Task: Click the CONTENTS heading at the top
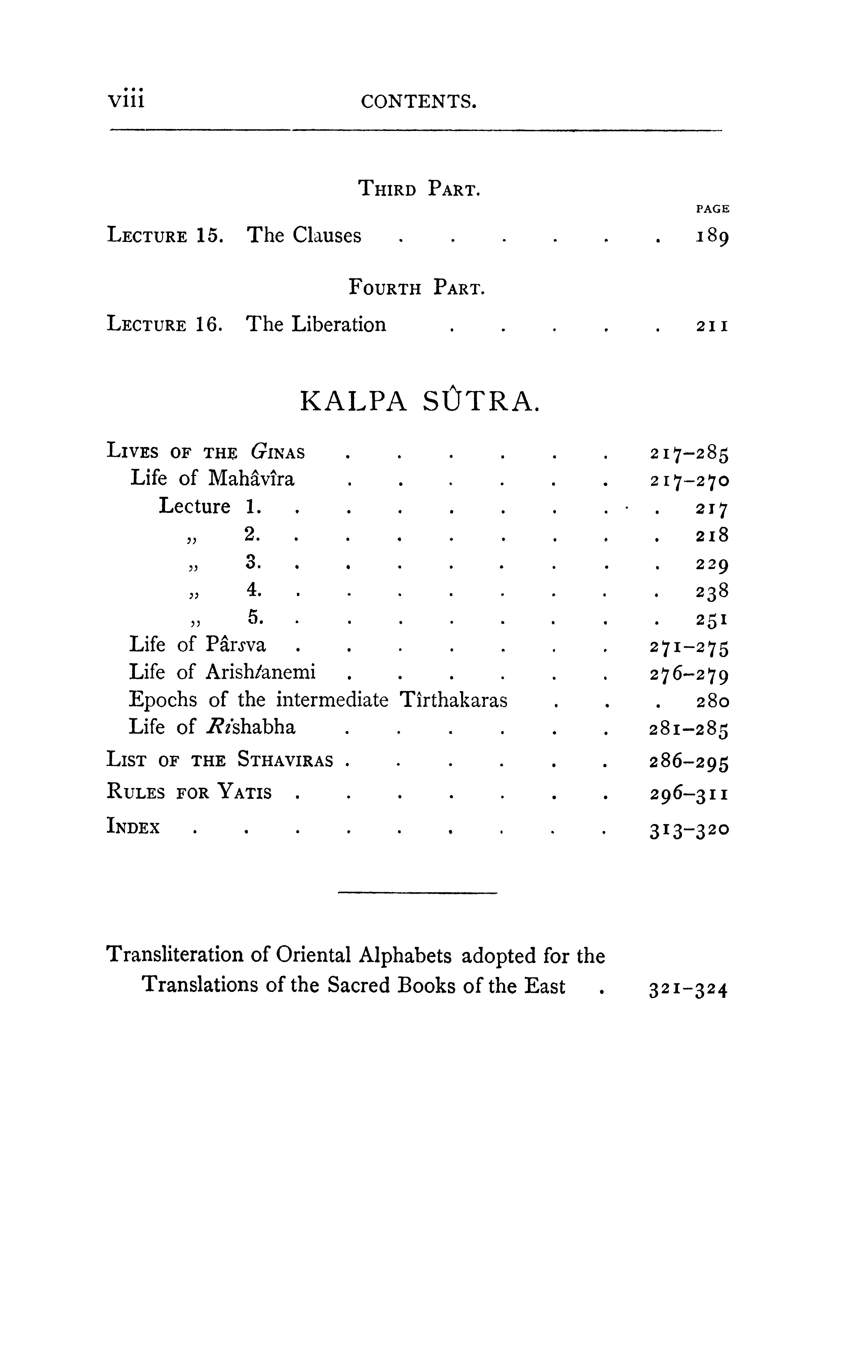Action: tap(419, 102)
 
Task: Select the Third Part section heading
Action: tap(419, 188)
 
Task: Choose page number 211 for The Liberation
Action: tap(712, 326)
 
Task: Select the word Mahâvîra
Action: tap(251, 479)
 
